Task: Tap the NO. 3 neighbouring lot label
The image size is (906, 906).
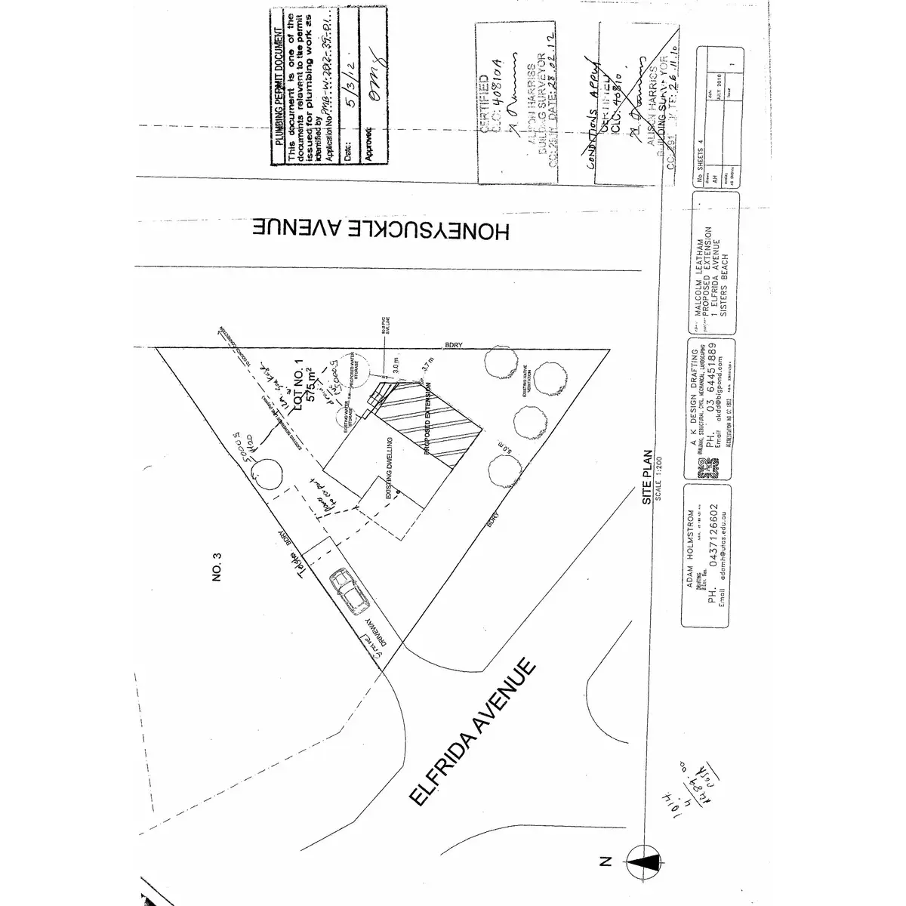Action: [218, 567]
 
